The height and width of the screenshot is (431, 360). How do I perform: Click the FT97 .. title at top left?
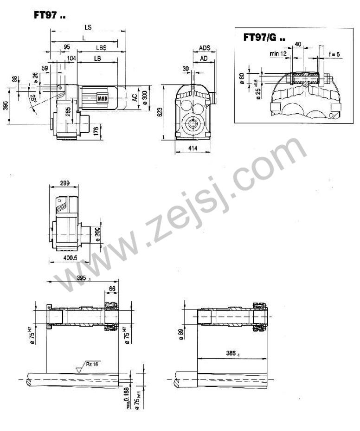49,15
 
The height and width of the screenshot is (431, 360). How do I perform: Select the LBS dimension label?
101,47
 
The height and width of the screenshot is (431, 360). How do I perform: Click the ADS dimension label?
205,48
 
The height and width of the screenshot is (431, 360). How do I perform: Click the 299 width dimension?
65,184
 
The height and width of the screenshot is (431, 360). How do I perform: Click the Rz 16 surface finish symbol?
92,364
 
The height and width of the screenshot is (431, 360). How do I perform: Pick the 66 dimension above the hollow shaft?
111,289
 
